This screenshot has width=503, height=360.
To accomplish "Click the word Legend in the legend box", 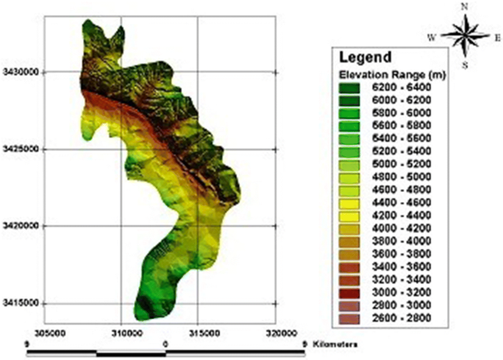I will pyautogui.click(x=365, y=56).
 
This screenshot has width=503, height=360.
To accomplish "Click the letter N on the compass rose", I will pyautogui.click(x=463, y=7).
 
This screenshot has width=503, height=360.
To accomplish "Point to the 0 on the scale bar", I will pyautogui.click(x=165, y=343).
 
